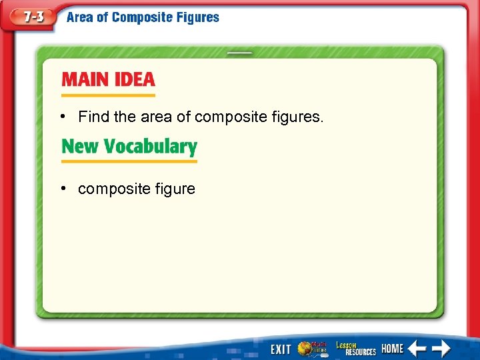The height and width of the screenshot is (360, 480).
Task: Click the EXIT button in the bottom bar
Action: click(280, 349)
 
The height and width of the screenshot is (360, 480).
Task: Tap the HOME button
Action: click(393, 349)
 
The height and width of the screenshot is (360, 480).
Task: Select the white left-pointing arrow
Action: click(417, 348)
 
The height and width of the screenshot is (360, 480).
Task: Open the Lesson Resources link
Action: click(355, 348)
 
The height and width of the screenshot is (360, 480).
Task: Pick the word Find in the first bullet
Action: click(93, 117)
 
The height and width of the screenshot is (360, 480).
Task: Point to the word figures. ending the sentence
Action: click(298, 118)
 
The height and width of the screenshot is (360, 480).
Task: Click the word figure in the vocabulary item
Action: click(175, 189)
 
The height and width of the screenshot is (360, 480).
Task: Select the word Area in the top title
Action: click(80, 17)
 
